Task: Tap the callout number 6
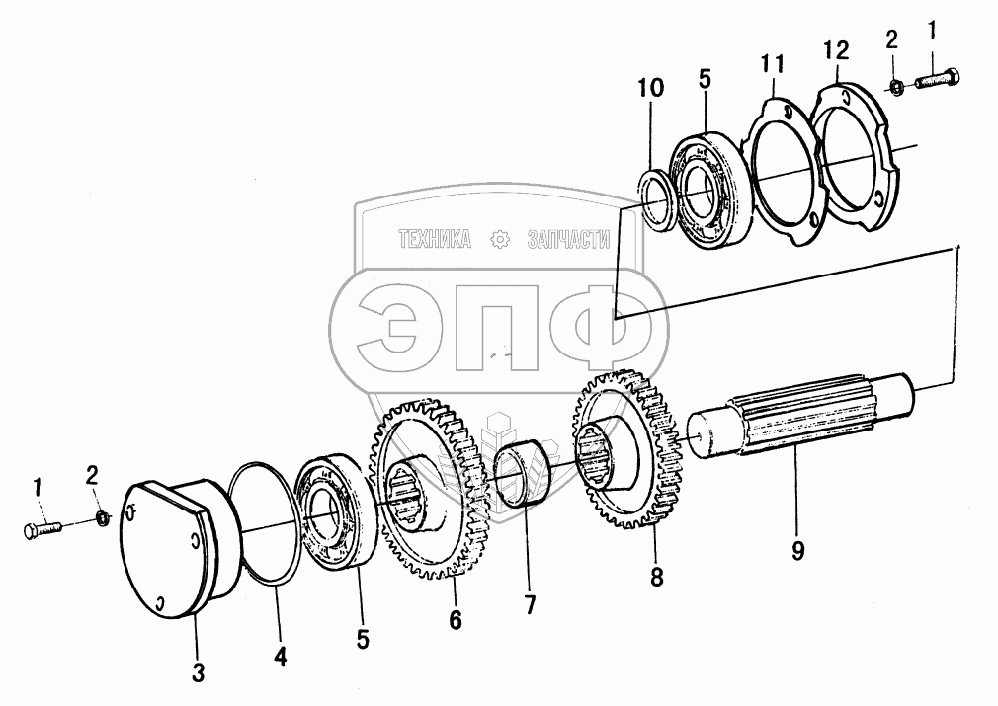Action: (x=455, y=619)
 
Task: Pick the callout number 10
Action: (x=649, y=88)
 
